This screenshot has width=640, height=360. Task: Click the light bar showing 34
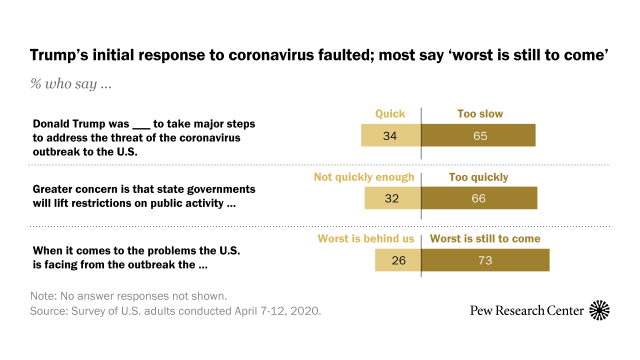[x=391, y=136]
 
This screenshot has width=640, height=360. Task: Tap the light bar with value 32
[x=393, y=198]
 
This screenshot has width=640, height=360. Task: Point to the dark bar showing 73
[x=485, y=261]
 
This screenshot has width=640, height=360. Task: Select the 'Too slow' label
[x=455, y=114]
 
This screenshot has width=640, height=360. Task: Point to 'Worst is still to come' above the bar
[x=485, y=239]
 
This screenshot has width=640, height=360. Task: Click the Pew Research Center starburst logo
[x=600, y=311]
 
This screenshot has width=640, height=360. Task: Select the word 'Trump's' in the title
[x=60, y=56]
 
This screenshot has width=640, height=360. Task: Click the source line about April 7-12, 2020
[x=160, y=312]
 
